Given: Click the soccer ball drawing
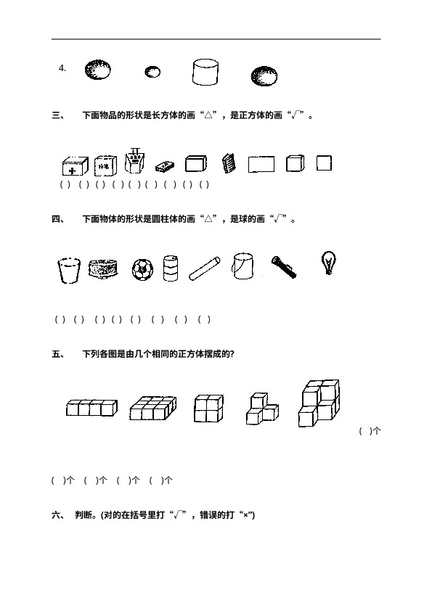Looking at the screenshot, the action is [142, 270].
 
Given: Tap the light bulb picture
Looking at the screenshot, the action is [328, 263].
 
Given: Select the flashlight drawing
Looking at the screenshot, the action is [284, 267].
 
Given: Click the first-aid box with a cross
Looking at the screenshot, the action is [76, 166].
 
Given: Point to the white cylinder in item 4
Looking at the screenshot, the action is [205, 72].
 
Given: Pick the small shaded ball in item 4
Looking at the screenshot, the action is [152, 72].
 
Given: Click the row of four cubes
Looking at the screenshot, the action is [91, 408].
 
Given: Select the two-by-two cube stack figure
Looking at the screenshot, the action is [208, 408].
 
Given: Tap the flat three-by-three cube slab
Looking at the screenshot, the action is [153, 408].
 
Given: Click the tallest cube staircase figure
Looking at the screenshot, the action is [319, 403].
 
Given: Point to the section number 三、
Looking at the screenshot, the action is [59, 115].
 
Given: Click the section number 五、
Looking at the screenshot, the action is [59, 354].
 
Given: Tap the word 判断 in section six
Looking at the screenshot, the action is [83, 514].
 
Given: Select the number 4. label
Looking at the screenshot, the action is [62, 68].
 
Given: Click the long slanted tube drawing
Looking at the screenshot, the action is [204, 268].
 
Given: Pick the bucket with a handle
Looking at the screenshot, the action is [242, 266].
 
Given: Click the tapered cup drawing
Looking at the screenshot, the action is [69, 270].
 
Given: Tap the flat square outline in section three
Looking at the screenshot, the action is [324, 163].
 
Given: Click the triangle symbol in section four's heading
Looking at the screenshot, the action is [208, 219].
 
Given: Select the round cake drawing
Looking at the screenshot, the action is [103, 268].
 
